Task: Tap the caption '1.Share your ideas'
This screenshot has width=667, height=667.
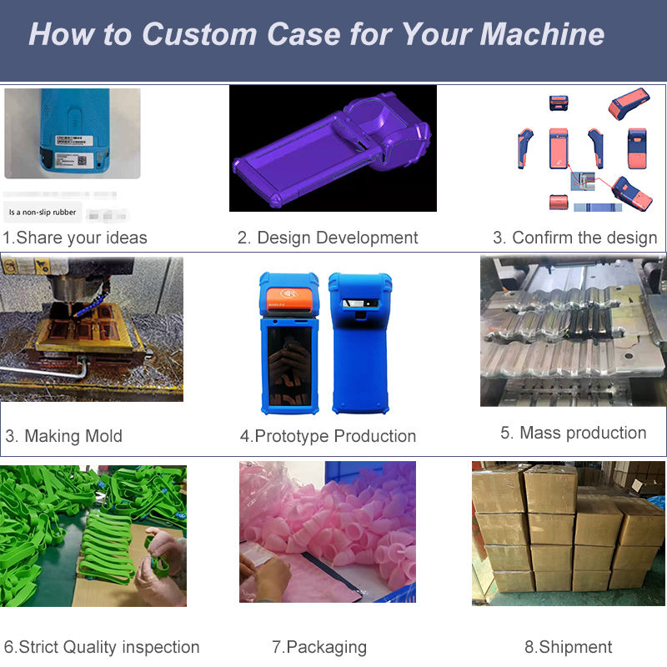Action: pyautogui.click(x=75, y=238)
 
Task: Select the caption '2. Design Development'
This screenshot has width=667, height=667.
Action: pyautogui.click(x=328, y=238)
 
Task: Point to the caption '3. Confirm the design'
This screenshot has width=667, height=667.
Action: pyautogui.click(x=574, y=238)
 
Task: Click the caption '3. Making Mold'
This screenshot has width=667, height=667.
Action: pyautogui.click(x=64, y=436)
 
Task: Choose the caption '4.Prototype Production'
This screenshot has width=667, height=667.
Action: pyautogui.click(x=328, y=436)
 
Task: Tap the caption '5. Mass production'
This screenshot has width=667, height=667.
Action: pyautogui.click(x=573, y=433)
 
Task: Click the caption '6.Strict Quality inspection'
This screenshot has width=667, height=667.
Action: pyautogui.click(x=102, y=647)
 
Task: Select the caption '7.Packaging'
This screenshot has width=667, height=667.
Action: pyautogui.click(x=319, y=647)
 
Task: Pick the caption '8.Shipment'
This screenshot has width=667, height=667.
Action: pyautogui.click(x=569, y=647)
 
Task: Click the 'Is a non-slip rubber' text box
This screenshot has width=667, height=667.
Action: pyautogui.click(x=43, y=213)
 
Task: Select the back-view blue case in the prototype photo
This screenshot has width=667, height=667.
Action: pyautogui.click(x=359, y=342)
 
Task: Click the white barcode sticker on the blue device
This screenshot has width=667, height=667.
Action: pyautogui.click(x=71, y=150)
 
